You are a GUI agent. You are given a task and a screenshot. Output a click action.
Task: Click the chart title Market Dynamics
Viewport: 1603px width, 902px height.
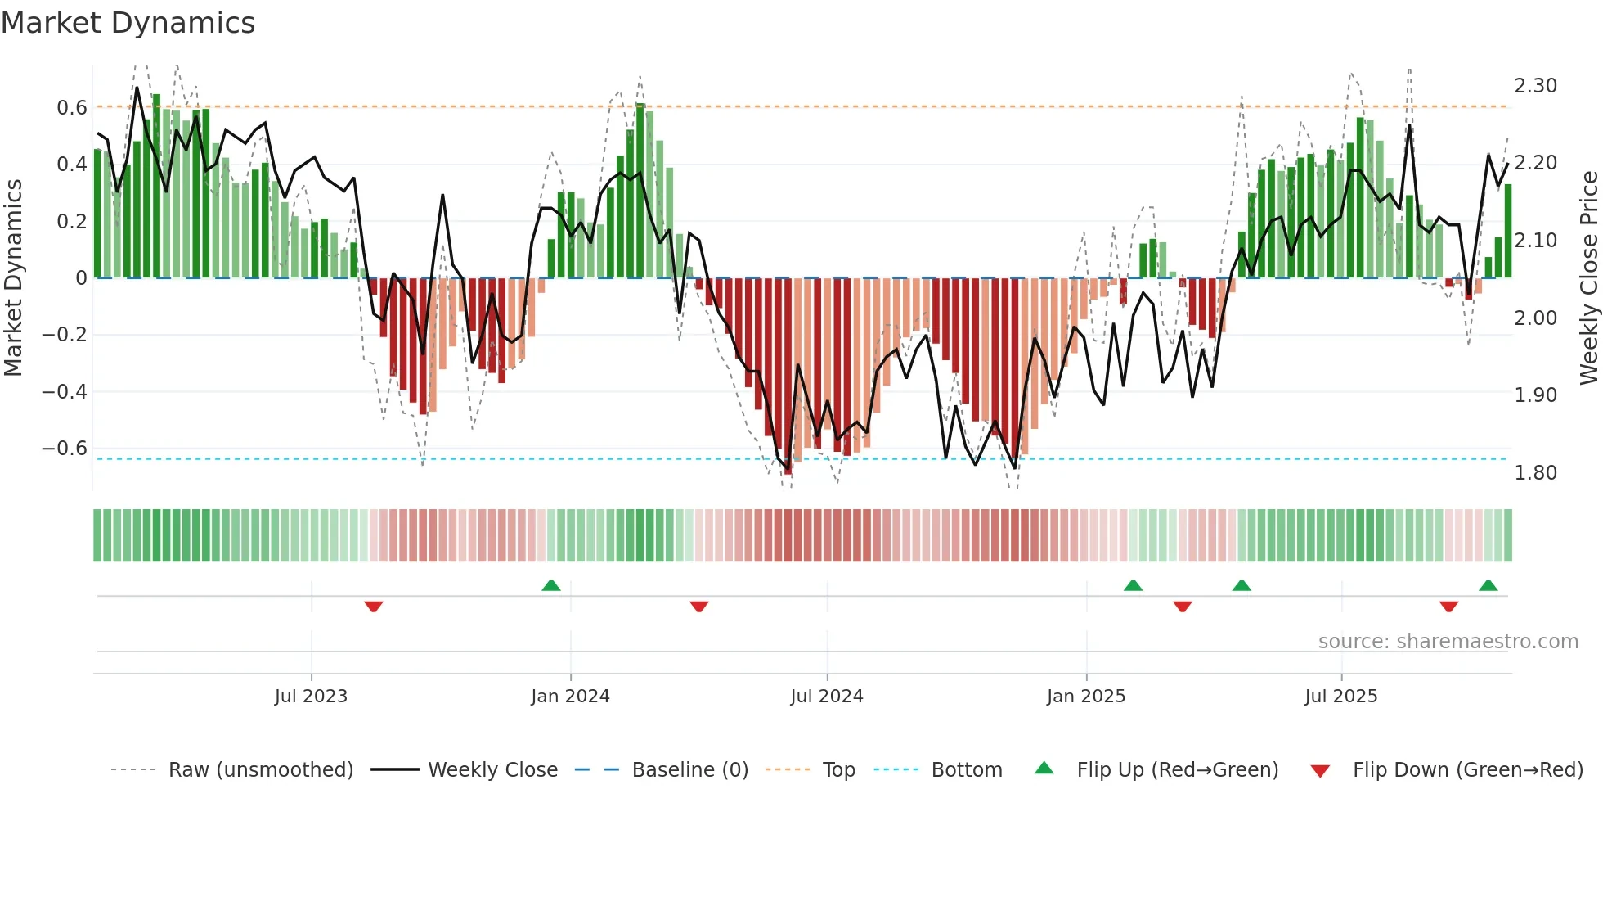click(128, 23)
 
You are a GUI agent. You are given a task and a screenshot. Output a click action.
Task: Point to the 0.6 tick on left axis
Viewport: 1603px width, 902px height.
click(72, 108)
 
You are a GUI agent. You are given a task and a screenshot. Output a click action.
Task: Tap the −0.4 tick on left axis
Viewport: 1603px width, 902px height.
click(65, 392)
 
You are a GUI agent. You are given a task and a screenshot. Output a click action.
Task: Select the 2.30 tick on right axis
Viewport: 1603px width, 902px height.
click(1535, 86)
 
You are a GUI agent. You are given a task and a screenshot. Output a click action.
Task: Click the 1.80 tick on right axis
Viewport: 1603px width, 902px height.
click(1535, 473)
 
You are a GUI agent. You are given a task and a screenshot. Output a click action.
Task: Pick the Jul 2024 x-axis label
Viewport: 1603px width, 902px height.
click(826, 697)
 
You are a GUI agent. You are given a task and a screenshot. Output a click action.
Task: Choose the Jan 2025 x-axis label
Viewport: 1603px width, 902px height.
click(1085, 697)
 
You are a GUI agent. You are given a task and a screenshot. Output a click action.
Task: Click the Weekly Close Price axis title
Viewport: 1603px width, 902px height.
click(1588, 278)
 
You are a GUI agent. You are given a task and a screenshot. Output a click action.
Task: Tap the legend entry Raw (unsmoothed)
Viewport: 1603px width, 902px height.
click(260, 770)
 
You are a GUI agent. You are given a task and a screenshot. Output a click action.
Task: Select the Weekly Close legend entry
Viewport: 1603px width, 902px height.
click(492, 770)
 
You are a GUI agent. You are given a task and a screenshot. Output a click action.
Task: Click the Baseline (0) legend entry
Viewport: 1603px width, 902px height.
click(689, 770)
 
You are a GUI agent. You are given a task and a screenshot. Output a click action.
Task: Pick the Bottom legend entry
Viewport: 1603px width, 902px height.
click(966, 770)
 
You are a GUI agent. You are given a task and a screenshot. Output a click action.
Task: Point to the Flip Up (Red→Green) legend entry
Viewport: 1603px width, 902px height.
click(1177, 770)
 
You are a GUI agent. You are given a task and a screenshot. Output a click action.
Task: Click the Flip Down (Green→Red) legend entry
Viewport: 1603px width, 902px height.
click(1467, 770)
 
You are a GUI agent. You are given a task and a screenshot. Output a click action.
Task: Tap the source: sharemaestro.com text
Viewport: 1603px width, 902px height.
click(1448, 642)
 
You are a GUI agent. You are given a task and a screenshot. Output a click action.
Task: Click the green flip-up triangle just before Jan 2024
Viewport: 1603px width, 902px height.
click(551, 585)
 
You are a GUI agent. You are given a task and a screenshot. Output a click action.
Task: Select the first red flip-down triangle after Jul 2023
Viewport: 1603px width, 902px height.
click(374, 607)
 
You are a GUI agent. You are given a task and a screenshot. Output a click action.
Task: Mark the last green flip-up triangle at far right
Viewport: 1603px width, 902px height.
click(1488, 585)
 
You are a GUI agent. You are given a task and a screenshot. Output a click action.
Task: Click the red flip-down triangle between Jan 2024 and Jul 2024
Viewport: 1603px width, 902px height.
click(698, 607)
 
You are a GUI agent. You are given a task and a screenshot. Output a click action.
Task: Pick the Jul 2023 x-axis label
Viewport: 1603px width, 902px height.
click(311, 697)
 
